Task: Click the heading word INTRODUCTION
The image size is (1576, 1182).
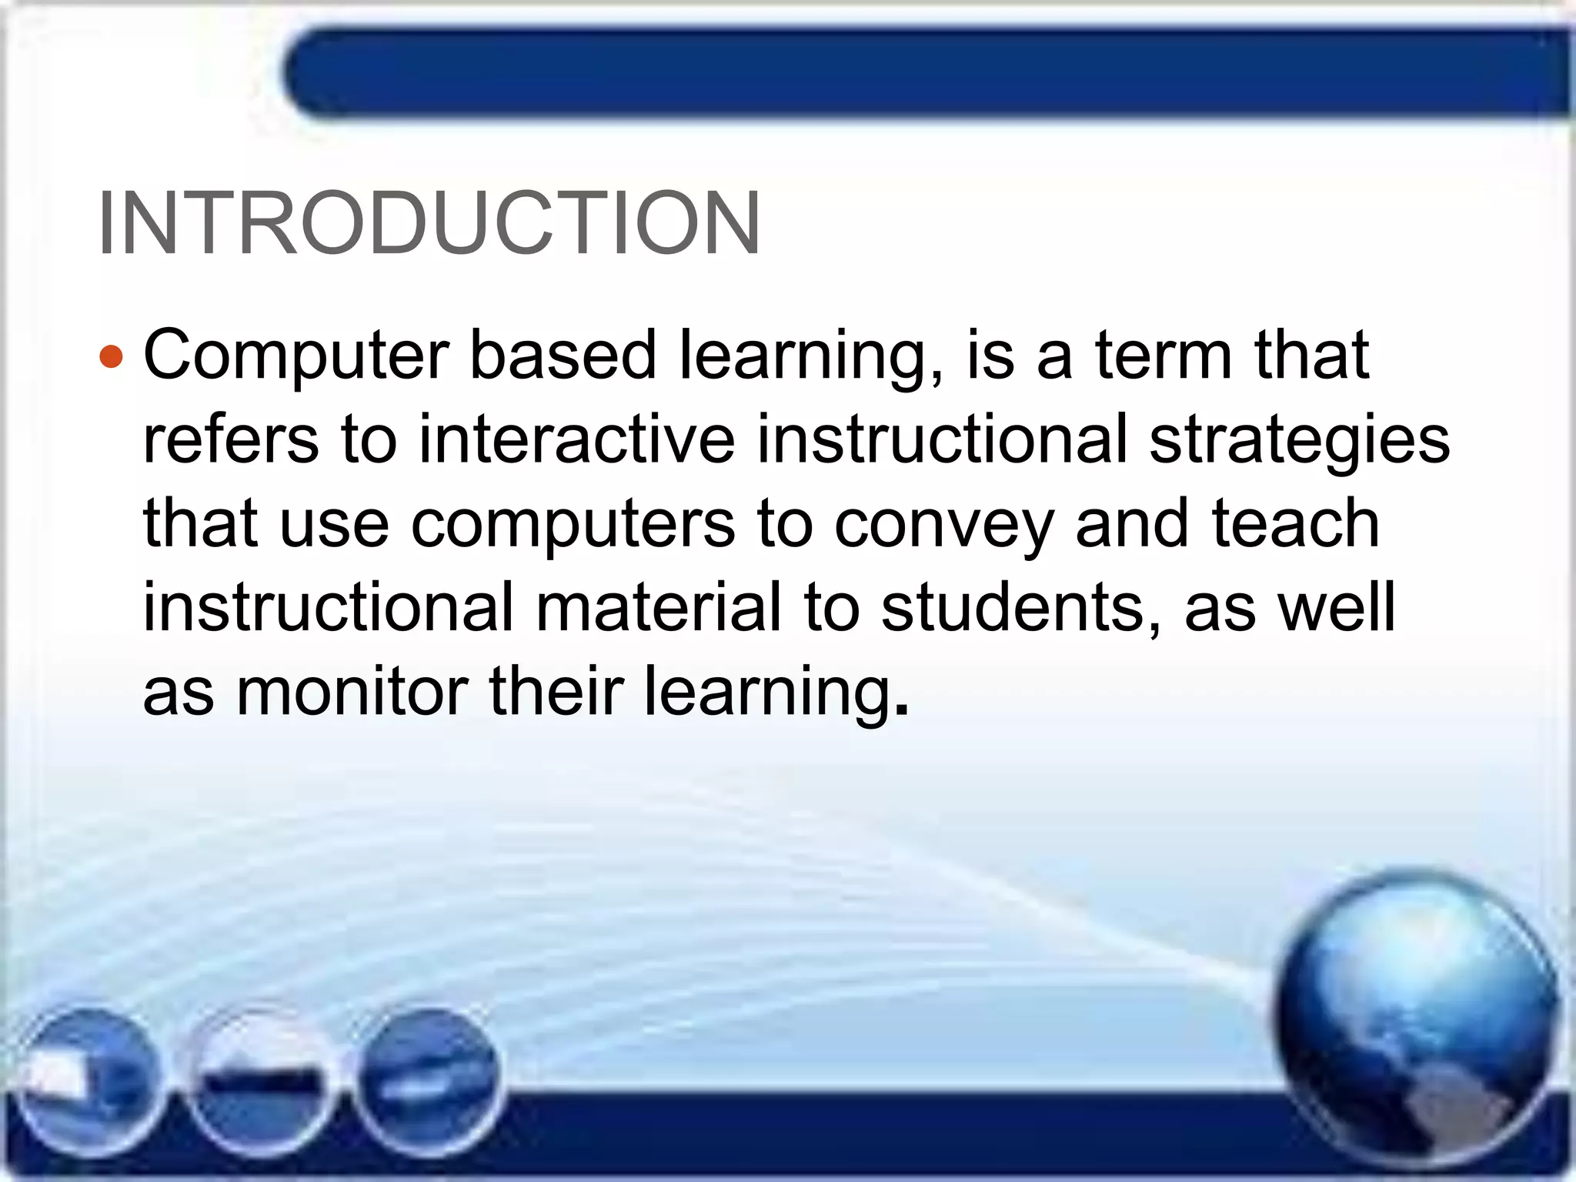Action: click(x=429, y=223)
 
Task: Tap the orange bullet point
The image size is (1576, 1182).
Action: click(x=112, y=357)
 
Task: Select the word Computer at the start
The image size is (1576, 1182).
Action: click(x=296, y=356)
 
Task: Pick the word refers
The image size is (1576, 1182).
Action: click(x=231, y=440)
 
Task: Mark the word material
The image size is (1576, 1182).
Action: click(x=658, y=608)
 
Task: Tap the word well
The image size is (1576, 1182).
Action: click(x=1336, y=608)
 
